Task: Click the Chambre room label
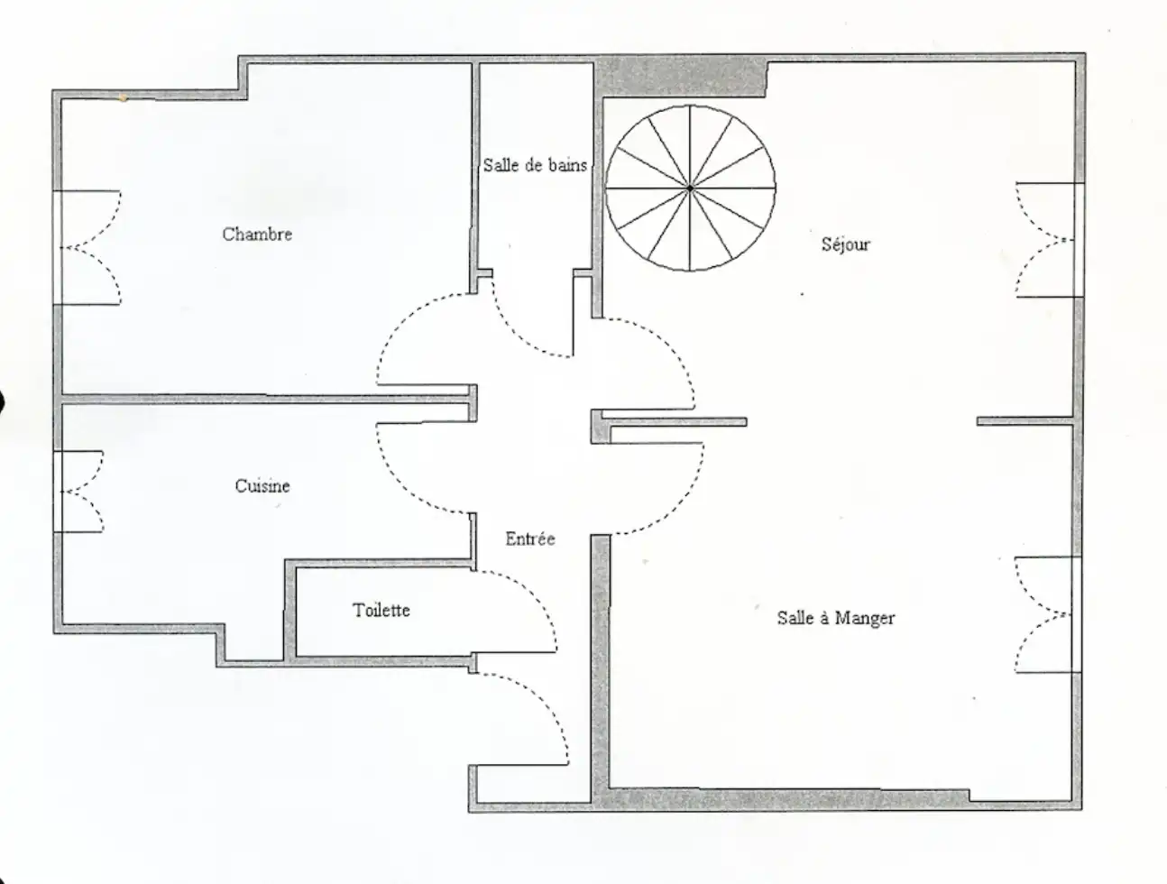(x=257, y=234)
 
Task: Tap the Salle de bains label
(x=535, y=165)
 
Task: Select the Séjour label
(x=845, y=244)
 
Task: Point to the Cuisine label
(x=262, y=485)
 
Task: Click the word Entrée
(x=530, y=539)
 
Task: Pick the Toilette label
(x=381, y=610)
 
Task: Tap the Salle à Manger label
(x=836, y=618)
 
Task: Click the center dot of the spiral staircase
(x=690, y=189)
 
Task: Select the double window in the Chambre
(x=87, y=248)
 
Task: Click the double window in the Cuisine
(x=78, y=492)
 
